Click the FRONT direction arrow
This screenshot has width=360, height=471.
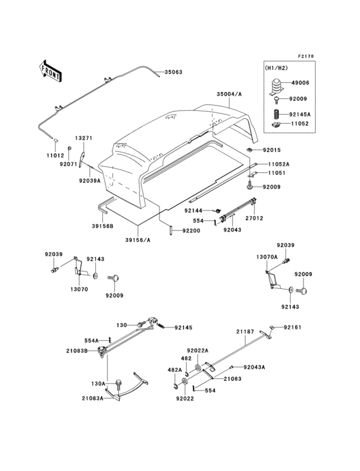tap(50, 71)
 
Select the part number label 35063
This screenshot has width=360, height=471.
tap(173, 72)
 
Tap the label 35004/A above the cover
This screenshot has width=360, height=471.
tap(230, 94)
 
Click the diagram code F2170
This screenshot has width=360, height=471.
tap(306, 56)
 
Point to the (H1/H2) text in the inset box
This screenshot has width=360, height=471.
tap(276, 68)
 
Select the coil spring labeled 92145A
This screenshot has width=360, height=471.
tap(277, 115)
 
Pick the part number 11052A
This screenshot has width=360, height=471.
tap(279, 164)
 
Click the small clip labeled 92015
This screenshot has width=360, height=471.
tap(250, 150)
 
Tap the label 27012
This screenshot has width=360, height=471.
tap(254, 218)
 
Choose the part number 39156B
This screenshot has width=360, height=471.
tap(103, 226)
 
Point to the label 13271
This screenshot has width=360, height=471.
tap(84, 138)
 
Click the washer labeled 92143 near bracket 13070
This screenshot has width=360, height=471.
tap(95, 275)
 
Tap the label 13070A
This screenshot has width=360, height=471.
tap(267, 257)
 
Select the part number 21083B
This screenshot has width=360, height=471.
tap(76, 351)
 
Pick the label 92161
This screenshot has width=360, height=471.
tap(292, 327)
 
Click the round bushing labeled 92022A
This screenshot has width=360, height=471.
tap(198, 367)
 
